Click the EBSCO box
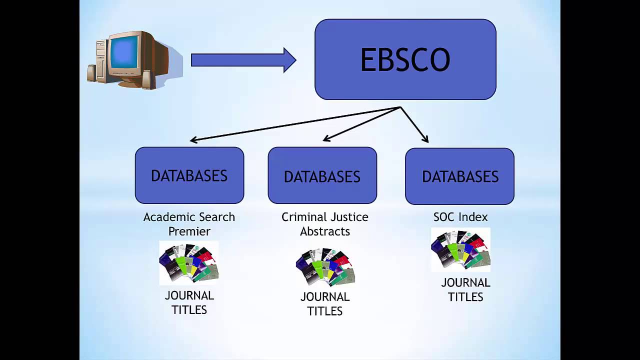click(405, 59)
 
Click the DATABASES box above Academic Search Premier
click(189, 175)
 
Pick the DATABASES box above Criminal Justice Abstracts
click(322, 176)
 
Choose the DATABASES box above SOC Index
click(459, 176)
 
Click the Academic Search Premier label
click(189, 223)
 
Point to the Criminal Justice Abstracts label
click(324, 223)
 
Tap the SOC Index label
click(460, 217)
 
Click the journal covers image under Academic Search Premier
click(189, 262)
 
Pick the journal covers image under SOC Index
click(460, 249)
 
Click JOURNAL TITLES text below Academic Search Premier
click(189, 302)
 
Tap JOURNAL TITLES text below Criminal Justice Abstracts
click(324, 303)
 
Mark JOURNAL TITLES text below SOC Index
click(465, 289)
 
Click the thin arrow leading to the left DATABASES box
click(295, 124)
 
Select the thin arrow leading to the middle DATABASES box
click(361, 124)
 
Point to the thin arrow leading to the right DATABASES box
click(414, 124)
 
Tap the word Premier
click(189, 231)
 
